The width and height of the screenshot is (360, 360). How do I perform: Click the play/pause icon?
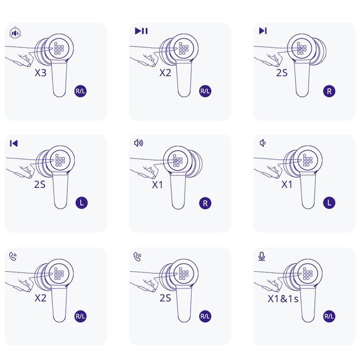click(x=141, y=31)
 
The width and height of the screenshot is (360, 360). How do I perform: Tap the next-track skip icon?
click(x=263, y=31)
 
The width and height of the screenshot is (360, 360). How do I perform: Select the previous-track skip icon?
click(x=14, y=143)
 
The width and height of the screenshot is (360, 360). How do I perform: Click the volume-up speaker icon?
click(x=138, y=143)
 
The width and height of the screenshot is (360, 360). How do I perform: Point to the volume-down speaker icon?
click(x=263, y=143)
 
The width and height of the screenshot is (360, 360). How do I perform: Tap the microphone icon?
click(x=262, y=256)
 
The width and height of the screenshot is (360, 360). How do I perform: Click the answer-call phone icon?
click(x=13, y=256)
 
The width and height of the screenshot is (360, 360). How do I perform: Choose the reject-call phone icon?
click(x=138, y=256)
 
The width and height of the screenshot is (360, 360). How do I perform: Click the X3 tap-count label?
click(x=41, y=73)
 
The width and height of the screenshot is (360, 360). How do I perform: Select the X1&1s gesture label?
click(x=283, y=298)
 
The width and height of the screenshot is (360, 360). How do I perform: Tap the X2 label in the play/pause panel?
click(x=165, y=73)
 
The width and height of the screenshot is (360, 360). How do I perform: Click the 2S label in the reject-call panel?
click(x=165, y=298)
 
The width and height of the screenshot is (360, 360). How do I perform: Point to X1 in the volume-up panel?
click(x=157, y=184)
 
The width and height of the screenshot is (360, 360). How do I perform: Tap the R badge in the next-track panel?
click(x=329, y=91)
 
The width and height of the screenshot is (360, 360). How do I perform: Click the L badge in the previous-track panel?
click(x=82, y=203)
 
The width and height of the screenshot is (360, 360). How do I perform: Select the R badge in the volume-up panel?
click(x=205, y=203)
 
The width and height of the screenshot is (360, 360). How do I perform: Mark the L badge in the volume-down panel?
click(x=329, y=203)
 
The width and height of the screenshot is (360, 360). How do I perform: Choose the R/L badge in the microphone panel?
click(x=329, y=316)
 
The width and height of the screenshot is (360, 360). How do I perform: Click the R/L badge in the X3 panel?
click(x=81, y=91)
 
